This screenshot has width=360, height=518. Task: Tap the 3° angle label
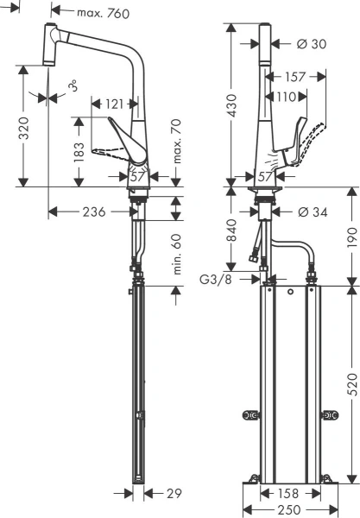[x=73, y=86]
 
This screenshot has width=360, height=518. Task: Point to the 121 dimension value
[x=114, y=104]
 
